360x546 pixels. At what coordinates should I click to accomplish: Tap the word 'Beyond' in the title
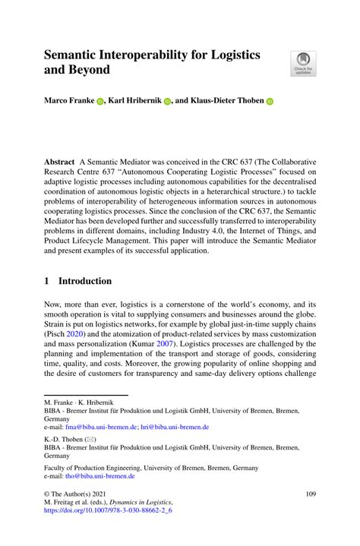point(90,70)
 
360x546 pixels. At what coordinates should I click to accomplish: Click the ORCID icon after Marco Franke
point(100,100)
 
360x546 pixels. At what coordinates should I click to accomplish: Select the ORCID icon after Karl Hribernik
point(169,100)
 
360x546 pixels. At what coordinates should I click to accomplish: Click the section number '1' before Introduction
point(47,280)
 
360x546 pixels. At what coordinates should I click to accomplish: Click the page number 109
point(310,494)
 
